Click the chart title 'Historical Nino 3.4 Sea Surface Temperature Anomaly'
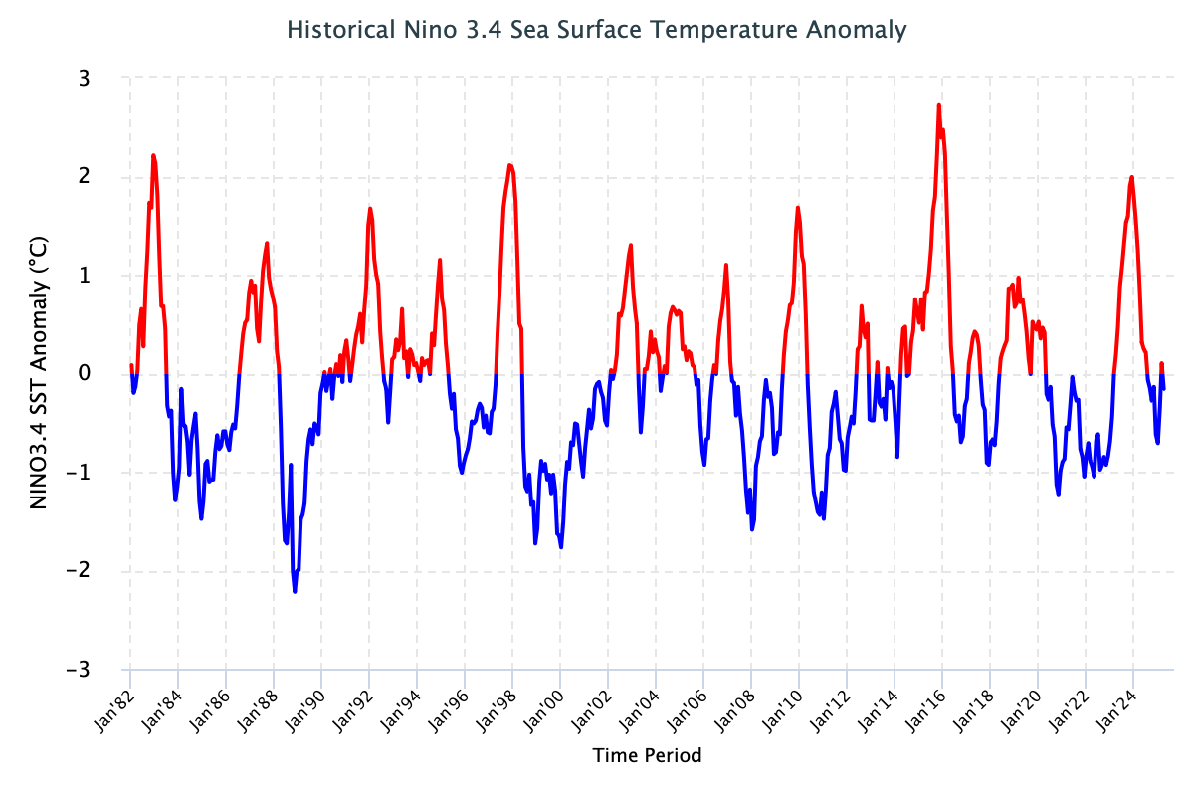[x=597, y=30]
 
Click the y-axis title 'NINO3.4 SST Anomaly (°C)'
[x=40, y=373]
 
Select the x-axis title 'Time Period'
[x=648, y=755]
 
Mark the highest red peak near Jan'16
[x=938, y=105]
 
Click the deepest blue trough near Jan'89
[x=295, y=592]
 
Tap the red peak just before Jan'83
[x=153, y=155]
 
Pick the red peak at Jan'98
[x=509, y=165]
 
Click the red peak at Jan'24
[x=1131, y=177]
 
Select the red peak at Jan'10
[x=798, y=208]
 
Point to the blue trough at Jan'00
[x=561, y=547]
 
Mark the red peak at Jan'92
[x=370, y=209]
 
